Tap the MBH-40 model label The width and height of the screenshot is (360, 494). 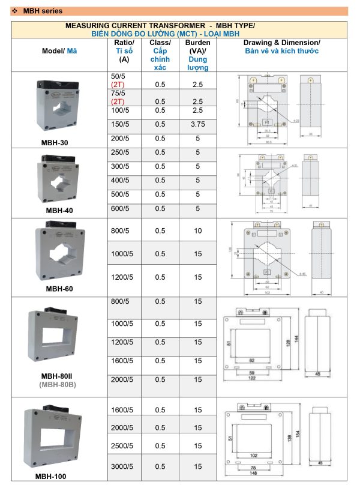click(59, 211)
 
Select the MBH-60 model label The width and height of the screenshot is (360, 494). click(59, 289)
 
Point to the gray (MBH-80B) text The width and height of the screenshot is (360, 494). click(59, 384)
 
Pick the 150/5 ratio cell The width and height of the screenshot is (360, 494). click(120, 124)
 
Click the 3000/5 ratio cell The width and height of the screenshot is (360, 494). click(123, 466)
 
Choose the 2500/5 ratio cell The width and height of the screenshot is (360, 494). click(123, 447)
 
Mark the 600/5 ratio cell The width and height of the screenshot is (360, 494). click(120, 208)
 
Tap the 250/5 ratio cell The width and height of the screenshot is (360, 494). click(120, 152)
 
